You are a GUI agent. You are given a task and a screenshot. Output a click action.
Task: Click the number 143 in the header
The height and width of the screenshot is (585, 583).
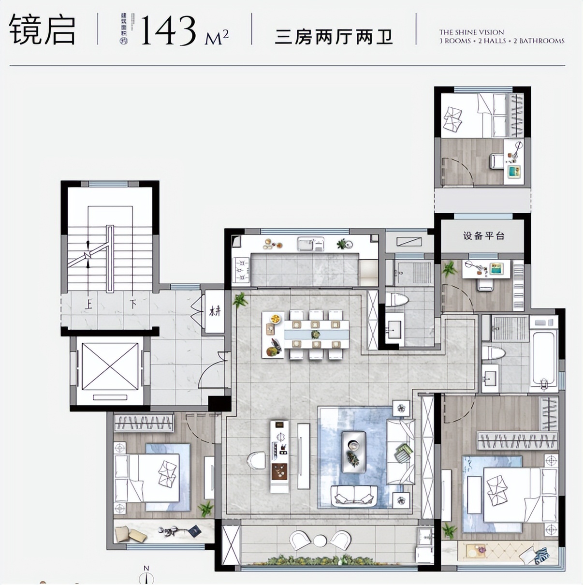(x=167, y=30)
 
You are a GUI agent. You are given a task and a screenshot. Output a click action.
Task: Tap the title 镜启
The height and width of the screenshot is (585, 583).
(x=43, y=30)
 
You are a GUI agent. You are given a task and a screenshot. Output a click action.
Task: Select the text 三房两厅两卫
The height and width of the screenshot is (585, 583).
(x=333, y=37)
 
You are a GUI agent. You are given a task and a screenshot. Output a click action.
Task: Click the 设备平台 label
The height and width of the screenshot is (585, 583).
(x=483, y=236)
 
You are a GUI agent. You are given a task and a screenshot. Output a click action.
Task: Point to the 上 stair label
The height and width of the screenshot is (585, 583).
(x=88, y=305)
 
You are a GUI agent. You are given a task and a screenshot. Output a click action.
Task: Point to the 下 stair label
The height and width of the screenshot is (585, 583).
(x=133, y=305)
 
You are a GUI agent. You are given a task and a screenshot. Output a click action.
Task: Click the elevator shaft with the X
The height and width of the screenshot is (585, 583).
(x=110, y=366)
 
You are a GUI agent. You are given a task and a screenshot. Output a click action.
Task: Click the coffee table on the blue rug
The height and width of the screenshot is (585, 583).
(x=353, y=452)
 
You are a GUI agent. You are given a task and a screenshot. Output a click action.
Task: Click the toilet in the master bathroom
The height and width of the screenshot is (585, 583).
(x=493, y=353)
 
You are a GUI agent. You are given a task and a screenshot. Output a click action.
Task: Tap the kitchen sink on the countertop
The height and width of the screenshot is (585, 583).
(x=310, y=244)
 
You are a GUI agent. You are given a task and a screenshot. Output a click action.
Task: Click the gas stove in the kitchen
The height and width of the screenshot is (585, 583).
(x=241, y=270)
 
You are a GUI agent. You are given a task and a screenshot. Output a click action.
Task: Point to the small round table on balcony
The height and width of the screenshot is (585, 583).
(x=320, y=540)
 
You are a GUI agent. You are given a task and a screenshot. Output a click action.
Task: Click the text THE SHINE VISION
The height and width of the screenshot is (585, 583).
(x=471, y=32)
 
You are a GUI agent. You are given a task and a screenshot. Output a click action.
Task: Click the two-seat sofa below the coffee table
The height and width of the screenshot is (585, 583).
(x=354, y=496)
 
